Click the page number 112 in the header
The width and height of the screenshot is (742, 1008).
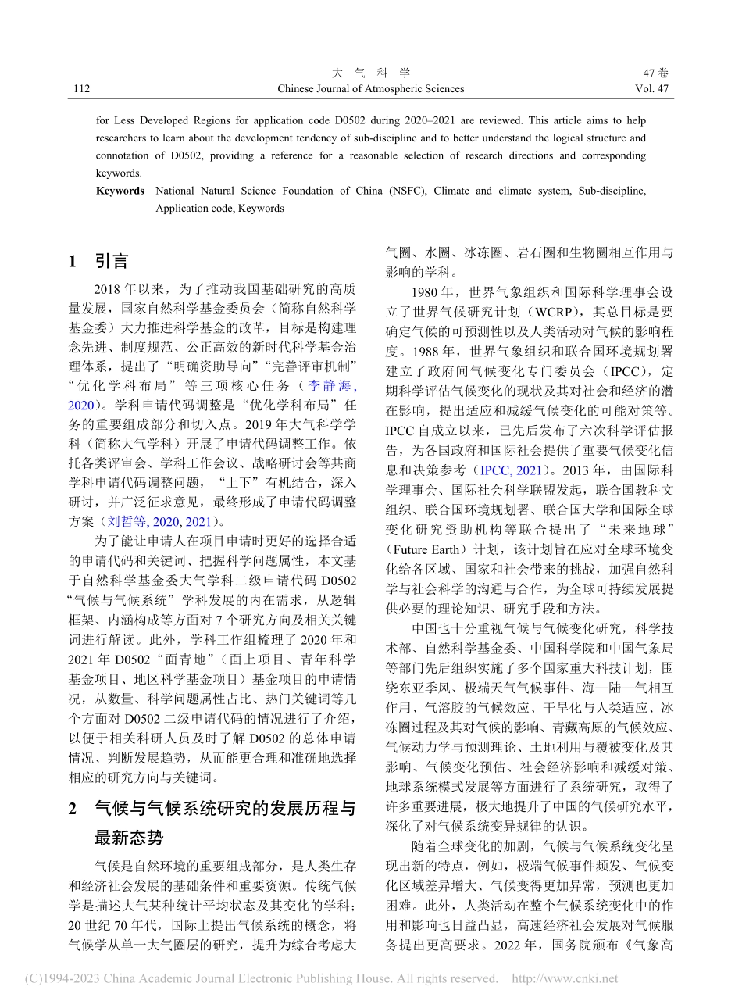(80, 89)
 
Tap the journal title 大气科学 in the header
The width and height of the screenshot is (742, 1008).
(370, 73)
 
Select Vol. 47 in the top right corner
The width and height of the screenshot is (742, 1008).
(652, 89)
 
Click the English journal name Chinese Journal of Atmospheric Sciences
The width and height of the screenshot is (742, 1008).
(370, 89)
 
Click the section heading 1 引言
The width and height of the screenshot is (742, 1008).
(98, 261)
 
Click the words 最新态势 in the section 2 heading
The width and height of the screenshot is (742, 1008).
(129, 838)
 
